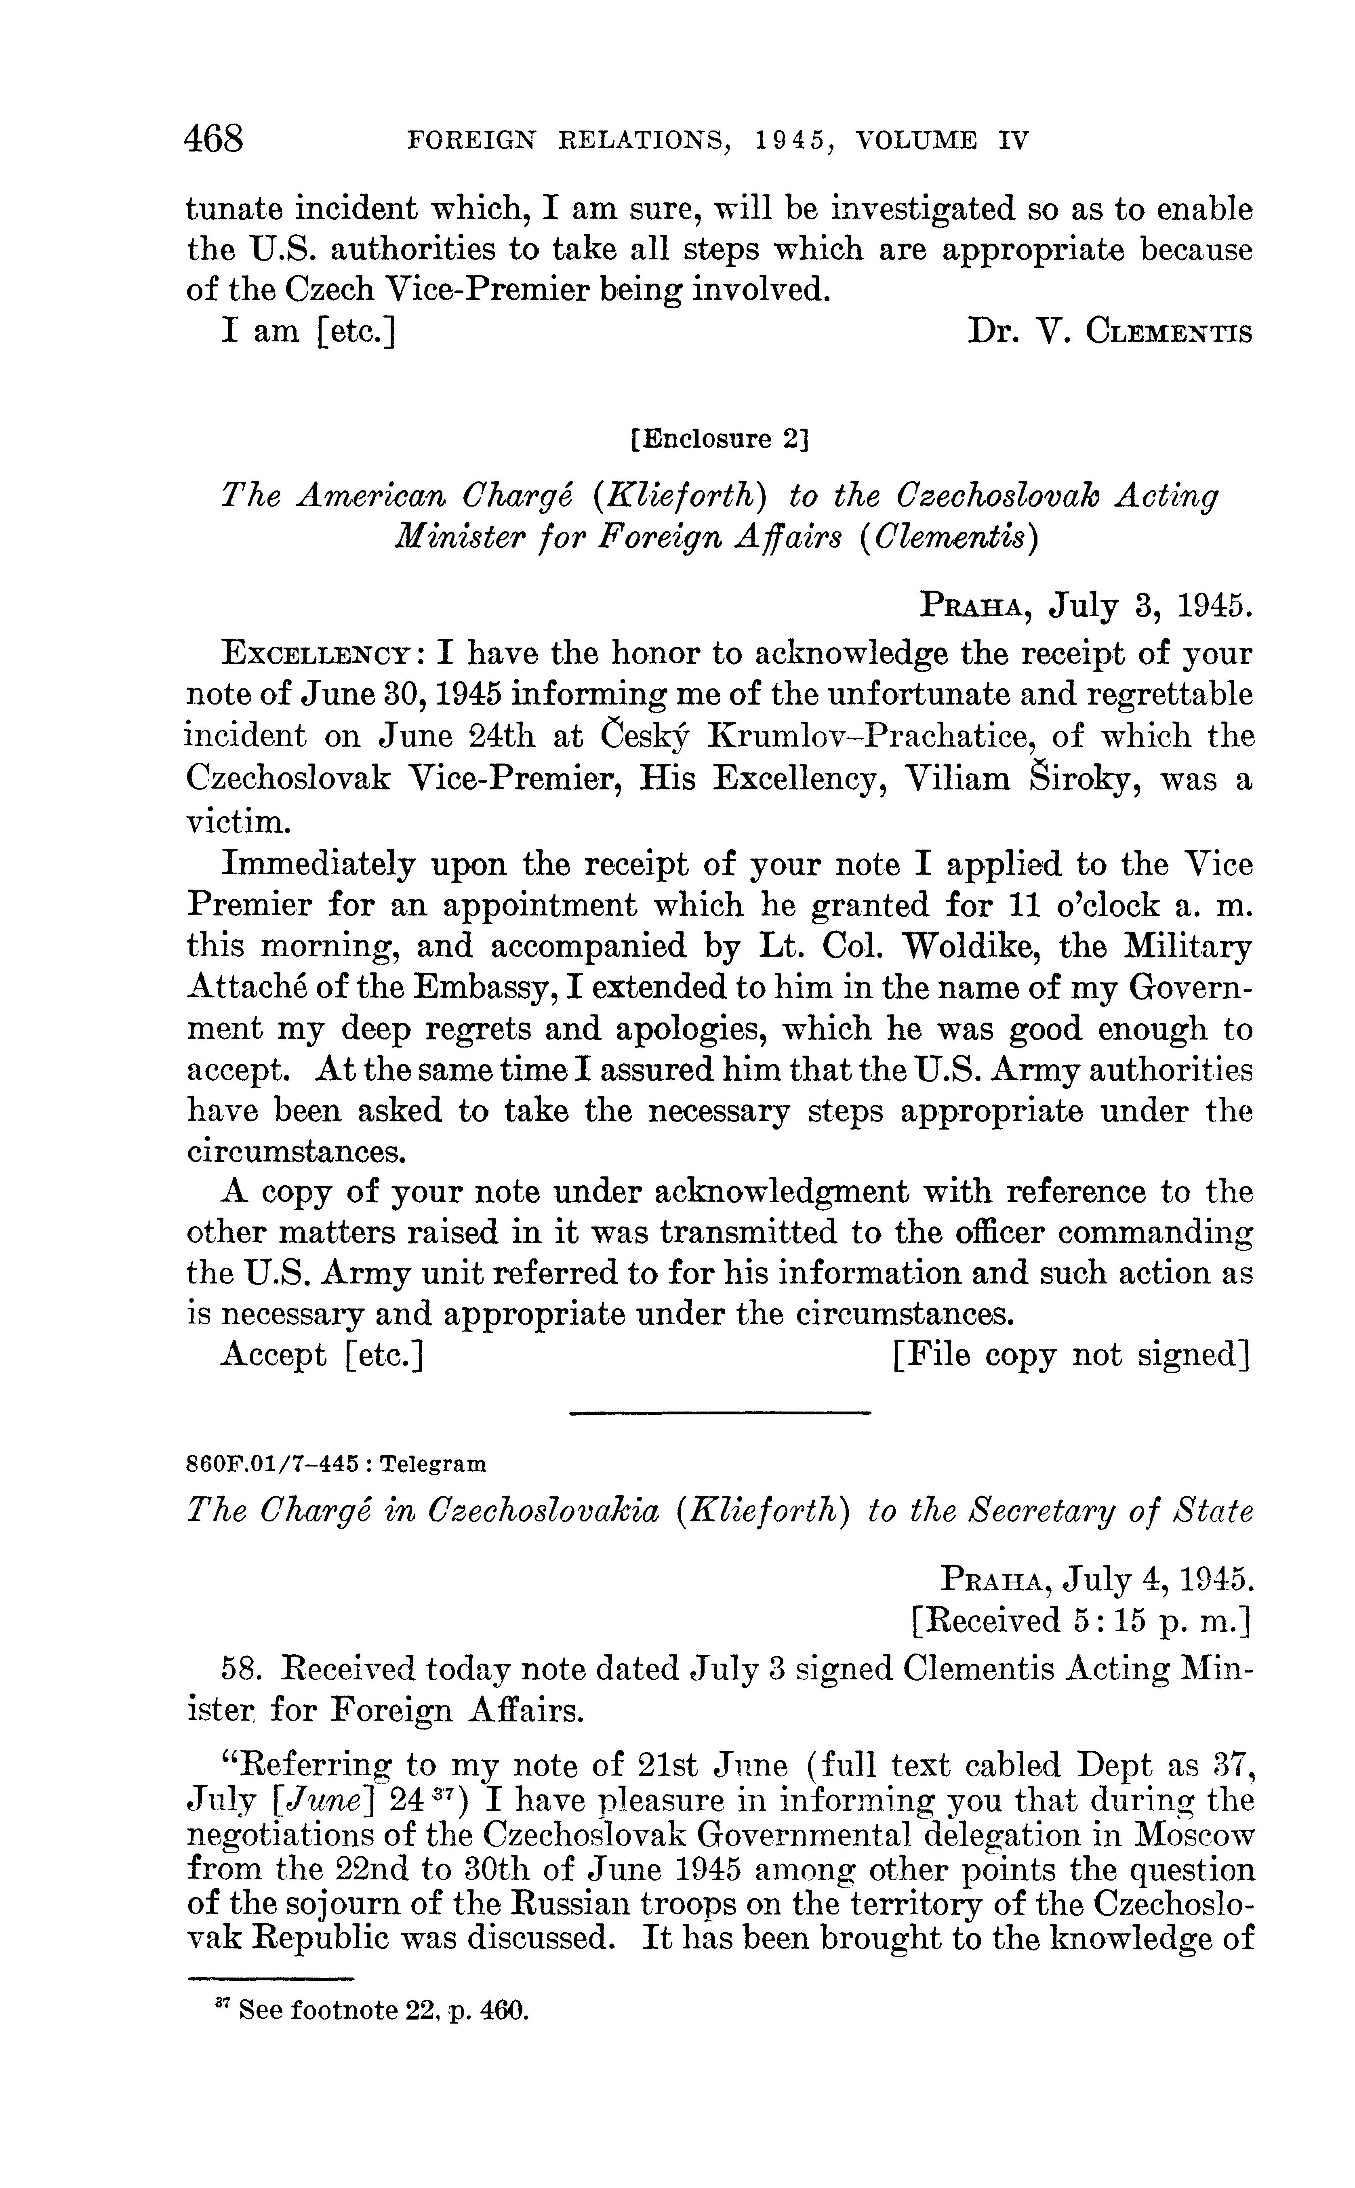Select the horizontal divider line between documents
pyautogui.click(x=720, y=1413)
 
